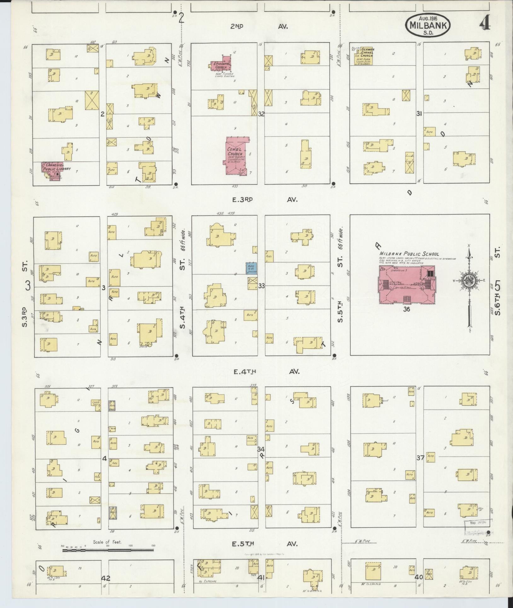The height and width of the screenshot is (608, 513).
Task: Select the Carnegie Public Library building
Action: [53, 170]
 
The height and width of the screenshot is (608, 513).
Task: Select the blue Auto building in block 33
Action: [251, 268]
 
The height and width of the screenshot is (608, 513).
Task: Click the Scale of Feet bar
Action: [108, 550]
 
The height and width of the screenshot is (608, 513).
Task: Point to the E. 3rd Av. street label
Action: [265, 199]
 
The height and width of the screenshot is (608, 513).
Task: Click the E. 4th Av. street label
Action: [266, 372]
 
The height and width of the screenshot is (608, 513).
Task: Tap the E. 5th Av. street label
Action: [265, 544]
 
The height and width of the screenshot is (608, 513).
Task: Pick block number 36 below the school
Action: [406, 309]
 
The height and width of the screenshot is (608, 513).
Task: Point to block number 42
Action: [106, 578]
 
